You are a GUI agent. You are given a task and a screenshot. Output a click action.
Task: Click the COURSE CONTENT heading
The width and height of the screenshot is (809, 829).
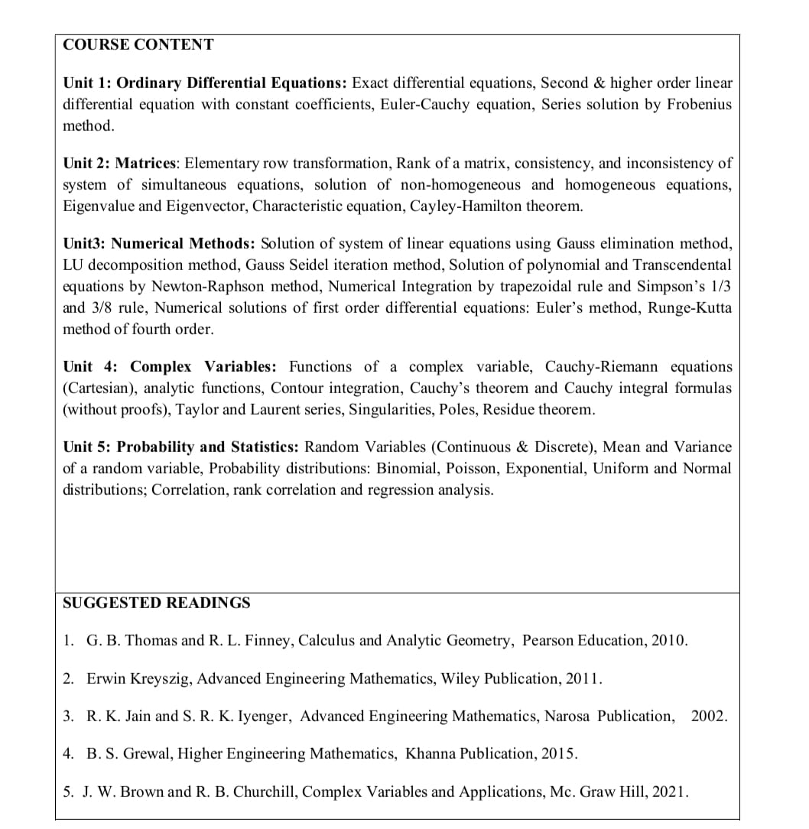(138, 44)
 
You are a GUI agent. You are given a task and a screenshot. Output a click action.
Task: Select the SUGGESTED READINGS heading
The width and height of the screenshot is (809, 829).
(156, 603)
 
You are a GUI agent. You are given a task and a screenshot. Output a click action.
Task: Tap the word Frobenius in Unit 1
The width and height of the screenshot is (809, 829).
(699, 104)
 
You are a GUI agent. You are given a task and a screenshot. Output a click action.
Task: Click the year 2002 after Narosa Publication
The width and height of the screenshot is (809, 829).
(708, 716)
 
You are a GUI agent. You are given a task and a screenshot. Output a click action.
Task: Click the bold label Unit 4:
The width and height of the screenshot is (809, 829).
(89, 367)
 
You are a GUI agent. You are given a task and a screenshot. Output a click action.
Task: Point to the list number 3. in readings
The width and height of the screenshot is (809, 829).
(69, 716)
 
